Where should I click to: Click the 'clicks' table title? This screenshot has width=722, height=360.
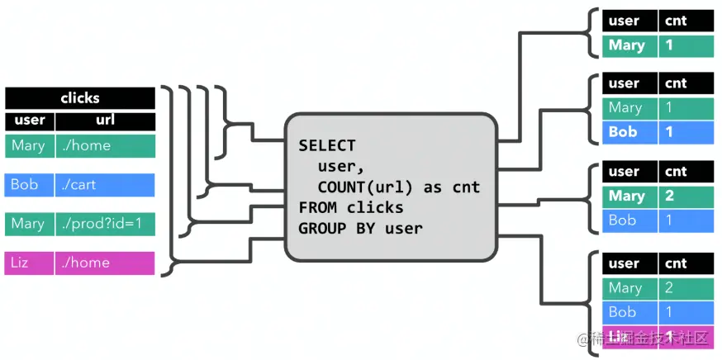click(x=79, y=97)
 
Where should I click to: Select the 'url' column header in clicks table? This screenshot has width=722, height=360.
click(x=105, y=121)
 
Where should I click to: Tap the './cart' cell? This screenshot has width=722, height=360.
click(x=105, y=184)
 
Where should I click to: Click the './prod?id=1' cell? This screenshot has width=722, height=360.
click(x=105, y=224)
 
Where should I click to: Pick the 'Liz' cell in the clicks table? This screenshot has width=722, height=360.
click(x=29, y=263)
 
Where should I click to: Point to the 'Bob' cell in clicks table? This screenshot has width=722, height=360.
click(x=29, y=184)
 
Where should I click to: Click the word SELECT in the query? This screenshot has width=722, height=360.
click(x=327, y=145)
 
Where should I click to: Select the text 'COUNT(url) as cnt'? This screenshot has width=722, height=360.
click(x=398, y=187)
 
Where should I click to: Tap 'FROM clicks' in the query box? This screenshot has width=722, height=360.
click(x=351, y=207)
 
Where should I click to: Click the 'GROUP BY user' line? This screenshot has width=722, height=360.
click(x=360, y=228)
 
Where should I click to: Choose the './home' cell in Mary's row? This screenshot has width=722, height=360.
click(x=105, y=146)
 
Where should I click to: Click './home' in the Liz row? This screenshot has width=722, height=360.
click(x=105, y=263)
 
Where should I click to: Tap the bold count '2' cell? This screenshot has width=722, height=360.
click(x=686, y=196)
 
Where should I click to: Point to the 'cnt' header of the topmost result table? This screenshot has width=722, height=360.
click(x=686, y=21)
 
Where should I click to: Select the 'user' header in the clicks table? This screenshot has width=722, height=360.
click(x=29, y=121)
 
